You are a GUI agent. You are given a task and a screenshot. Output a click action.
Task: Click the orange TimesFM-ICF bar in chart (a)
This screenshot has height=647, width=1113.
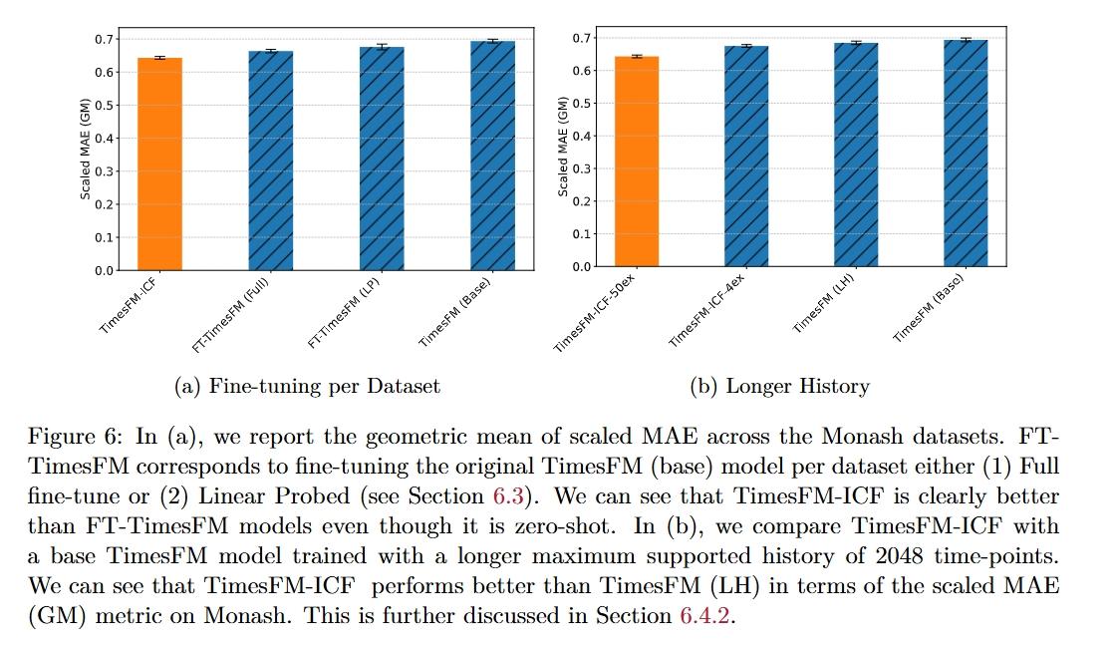pyautogui.click(x=159, y=163)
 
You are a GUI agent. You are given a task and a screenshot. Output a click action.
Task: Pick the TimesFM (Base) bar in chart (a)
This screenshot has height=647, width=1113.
pyautogui.click(x=492, y=156)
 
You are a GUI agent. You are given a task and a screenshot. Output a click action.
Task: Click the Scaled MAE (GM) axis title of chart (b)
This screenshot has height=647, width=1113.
pyautogui.click(x=563, y=147)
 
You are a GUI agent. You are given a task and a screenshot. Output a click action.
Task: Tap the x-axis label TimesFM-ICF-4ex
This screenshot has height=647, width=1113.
pyautogui.click(x=708, y=311)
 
